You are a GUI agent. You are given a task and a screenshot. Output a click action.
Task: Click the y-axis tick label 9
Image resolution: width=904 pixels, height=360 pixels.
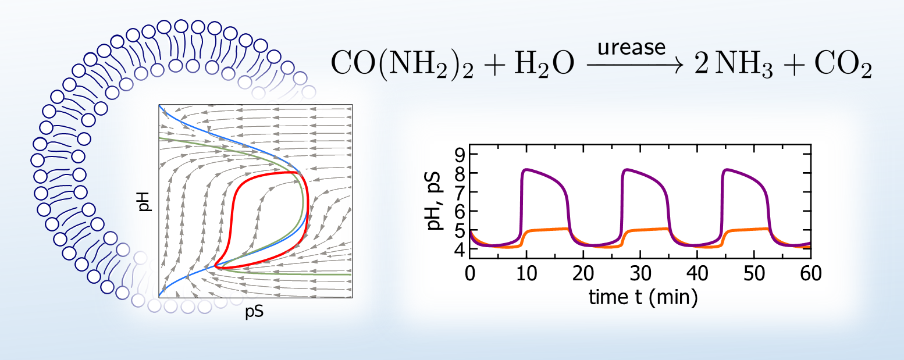[457, 154]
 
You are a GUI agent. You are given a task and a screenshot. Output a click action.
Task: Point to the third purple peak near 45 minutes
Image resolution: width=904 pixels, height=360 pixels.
[727, 170]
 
